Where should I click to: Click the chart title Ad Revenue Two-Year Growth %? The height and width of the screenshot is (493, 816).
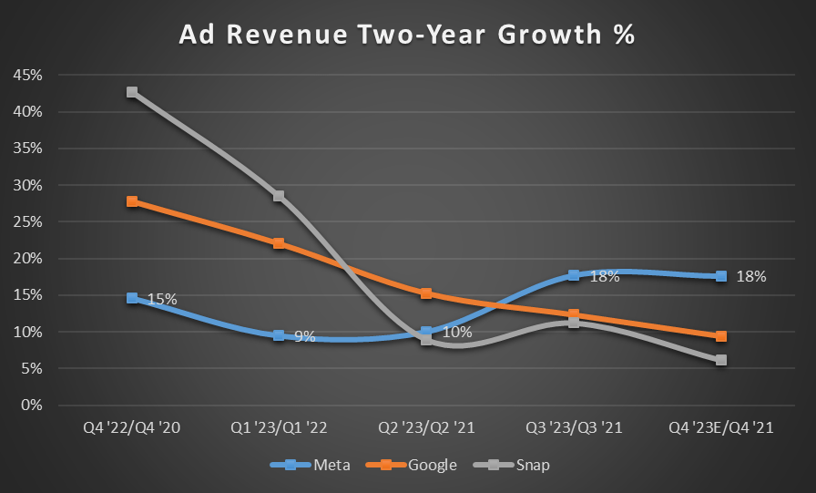point(407,35)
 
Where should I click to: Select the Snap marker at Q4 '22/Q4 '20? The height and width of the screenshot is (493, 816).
point(132,92)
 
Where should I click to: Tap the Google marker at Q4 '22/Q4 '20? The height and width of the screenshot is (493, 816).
point(132,201)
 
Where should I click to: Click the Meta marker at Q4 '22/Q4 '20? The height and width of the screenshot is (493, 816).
point(132,298)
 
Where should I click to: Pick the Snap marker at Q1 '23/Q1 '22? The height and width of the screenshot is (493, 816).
point(279,196)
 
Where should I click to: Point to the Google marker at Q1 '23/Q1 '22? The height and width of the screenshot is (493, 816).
point(279,243)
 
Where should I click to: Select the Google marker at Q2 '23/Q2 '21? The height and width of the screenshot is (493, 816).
point(426,293)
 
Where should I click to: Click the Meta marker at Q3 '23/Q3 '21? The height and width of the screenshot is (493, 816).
point(574,275)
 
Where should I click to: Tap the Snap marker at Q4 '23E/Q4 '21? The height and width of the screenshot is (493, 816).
point(721,360)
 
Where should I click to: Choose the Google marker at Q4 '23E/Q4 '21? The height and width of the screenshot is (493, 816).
point(721,336)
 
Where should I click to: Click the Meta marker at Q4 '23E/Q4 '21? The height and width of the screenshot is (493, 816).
point(721,276)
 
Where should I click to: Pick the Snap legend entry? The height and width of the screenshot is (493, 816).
point(524,465)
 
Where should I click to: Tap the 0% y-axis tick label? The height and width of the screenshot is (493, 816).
point(33,405)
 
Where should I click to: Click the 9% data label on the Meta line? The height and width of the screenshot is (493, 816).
point(304,337)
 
